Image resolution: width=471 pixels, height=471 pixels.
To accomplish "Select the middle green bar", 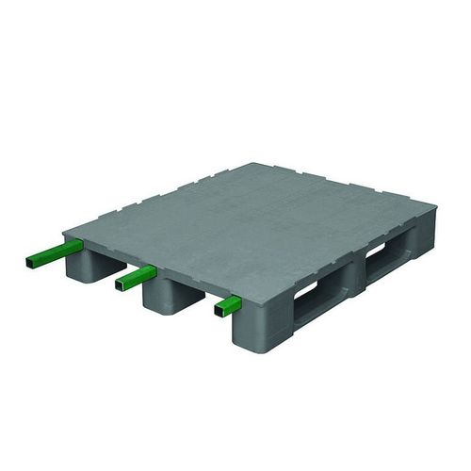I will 138,276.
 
